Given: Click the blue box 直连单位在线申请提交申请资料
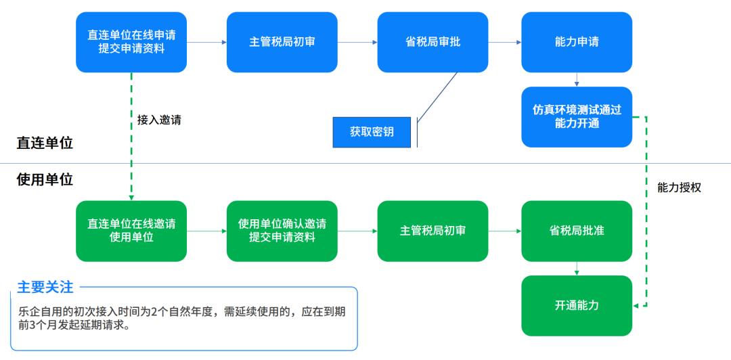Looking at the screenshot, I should pos(131,42).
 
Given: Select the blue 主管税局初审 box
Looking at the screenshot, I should pos(282,42).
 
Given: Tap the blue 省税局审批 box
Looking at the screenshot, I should pos(433,42).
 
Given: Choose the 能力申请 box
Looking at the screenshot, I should pos(577,42).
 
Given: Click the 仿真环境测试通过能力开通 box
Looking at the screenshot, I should pos(577,116).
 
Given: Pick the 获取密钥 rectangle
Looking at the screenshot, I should pos(372,132).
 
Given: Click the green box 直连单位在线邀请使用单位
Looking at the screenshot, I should pos(131,231).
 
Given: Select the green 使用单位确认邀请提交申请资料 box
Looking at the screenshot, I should pos(282,231).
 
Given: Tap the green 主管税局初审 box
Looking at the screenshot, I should pos(433,231).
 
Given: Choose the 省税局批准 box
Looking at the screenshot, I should pos(577,231).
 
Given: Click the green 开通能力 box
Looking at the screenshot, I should pos(577,305).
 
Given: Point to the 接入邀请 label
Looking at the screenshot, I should pos(159,120).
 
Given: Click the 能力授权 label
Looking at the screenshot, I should pos(679,187).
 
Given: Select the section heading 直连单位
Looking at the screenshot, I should pos(45,143).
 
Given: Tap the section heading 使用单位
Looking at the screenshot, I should pos(45,179).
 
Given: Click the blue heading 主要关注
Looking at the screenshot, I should pos(45,287).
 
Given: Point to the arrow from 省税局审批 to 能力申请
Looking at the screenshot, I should pos(504,42).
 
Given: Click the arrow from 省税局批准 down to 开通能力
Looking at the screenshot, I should pos(577,269).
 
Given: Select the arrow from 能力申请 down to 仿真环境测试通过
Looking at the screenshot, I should pos(577,80).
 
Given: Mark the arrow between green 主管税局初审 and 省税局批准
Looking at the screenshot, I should pos(504,231).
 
